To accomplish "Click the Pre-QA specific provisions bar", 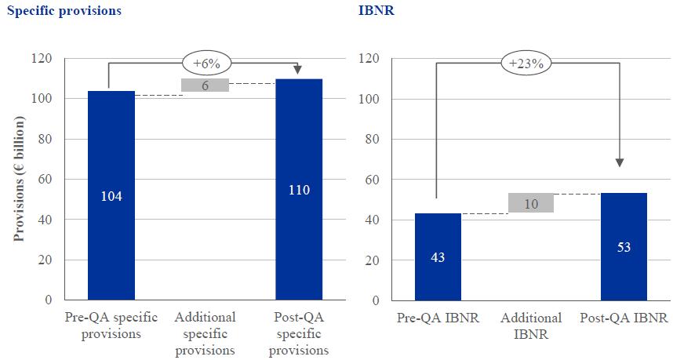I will coord(111,195).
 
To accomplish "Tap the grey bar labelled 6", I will coord(205,85).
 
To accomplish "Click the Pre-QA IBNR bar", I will coord(438,256).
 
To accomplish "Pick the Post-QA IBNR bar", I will coord(624,246).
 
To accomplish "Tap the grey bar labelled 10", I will coord(531,203).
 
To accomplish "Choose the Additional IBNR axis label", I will coord(531,326).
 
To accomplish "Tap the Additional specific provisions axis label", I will coord(205,333).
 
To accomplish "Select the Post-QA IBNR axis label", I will coord(624,318).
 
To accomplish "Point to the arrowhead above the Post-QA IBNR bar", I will coord(620,162).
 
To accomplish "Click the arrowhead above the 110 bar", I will coord(299,71).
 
